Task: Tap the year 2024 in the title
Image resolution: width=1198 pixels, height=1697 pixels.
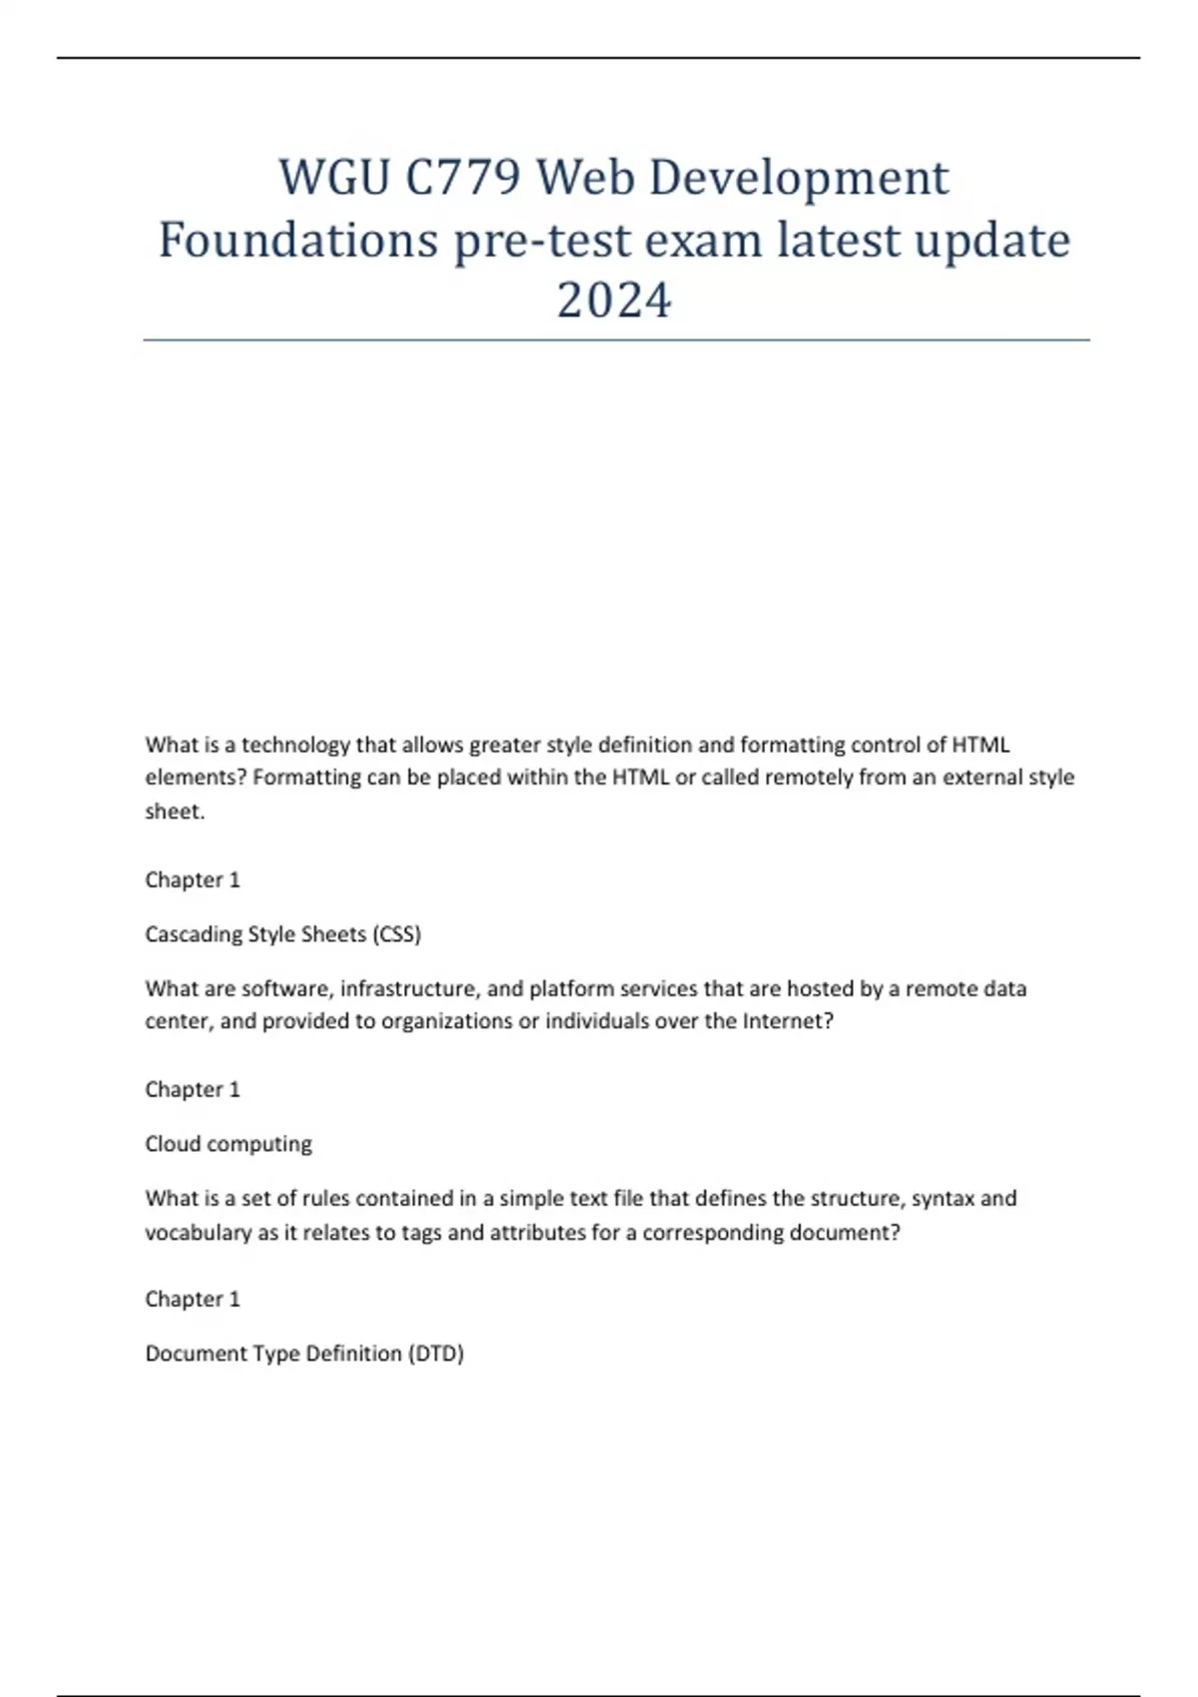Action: (614, 300)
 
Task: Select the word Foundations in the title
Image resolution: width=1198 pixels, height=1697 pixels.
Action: (299, 241)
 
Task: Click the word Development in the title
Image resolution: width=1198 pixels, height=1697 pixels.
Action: (800, 179)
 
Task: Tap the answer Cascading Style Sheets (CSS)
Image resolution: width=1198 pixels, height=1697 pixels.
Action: (283, 934)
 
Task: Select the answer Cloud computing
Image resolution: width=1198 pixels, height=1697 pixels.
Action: (228, 1144)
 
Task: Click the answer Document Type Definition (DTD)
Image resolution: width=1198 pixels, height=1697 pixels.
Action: (304, 1354)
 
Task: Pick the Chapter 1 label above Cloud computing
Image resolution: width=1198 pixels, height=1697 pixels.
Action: (193, 1089)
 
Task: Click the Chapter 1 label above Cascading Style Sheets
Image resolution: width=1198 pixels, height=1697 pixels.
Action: (193, 879)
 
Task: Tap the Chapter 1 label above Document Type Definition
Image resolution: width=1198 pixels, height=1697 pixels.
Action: (193, 1299)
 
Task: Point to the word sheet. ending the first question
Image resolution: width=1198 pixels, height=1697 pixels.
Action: (175, 812)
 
